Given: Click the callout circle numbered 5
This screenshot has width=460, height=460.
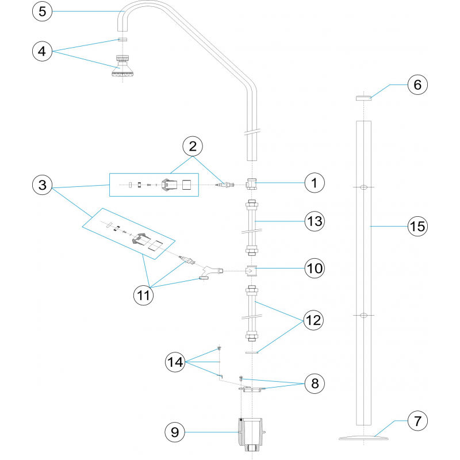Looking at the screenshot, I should click(x=44, y=11).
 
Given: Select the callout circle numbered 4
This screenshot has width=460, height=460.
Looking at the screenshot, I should click(x=44, y=51).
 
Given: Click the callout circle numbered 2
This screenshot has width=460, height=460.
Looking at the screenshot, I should click(x=193, y=146).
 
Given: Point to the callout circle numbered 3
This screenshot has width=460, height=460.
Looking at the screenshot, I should click(x=44, y=186).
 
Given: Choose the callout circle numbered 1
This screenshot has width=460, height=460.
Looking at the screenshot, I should click(x=315, y=183).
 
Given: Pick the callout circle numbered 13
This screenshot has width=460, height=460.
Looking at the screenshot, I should click(x=315, y=221).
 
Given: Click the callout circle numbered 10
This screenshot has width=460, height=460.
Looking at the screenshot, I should click(x=315, y=269).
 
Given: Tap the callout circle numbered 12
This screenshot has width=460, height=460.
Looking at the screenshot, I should click(x=315, y=319).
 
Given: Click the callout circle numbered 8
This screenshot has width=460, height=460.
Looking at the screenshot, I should click(x=315, y=383).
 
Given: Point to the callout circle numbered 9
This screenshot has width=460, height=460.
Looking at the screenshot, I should click(x=176, y=431).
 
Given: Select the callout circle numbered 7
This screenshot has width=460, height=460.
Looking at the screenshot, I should click(x=417, y=421).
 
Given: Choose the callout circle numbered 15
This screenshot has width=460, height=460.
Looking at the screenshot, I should click(x=417, y=227).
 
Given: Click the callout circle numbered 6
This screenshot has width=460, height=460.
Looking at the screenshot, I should click(x=417, y=85).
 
